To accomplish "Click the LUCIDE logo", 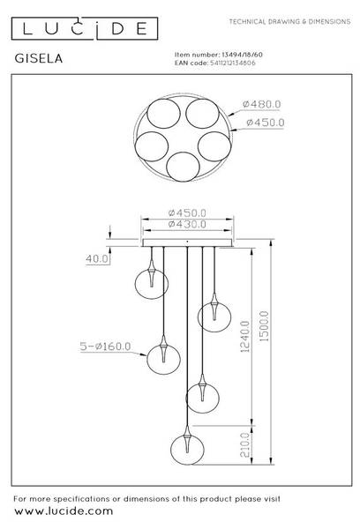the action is click(85, 28).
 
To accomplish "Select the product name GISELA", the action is click(39, 58).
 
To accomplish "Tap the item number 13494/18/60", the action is click(242, 55).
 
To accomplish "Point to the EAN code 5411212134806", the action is click(233, 63).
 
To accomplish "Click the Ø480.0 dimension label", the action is click(262, 104).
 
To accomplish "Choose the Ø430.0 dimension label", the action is click(187, 224).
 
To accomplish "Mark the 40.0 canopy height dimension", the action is click(97, 258).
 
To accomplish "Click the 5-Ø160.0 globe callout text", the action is click(105, 346).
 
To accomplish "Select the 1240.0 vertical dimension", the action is click(245, 337).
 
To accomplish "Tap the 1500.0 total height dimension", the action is click(265, 326).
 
